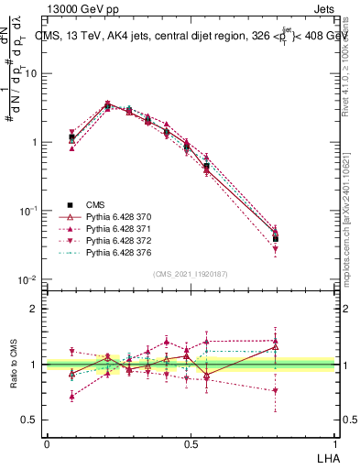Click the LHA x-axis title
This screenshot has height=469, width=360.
tap(326, 456)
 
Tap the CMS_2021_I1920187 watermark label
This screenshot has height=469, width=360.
tap(189, 274)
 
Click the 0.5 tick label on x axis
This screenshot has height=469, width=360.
tap(190, 443)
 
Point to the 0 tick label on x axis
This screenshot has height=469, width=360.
tap(47, 443)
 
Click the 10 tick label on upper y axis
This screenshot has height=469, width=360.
tap(33, 73)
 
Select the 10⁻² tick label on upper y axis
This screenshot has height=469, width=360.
tap(30, 279)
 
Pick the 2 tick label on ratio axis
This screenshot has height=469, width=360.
tap(35, 309)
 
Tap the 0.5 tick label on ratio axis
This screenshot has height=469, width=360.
tap(31, 420)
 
